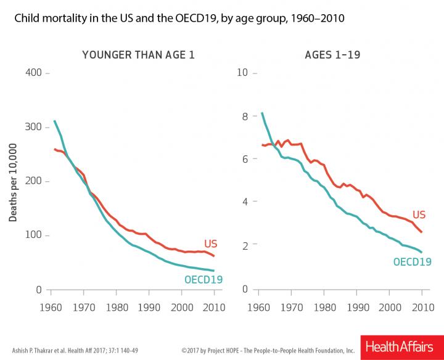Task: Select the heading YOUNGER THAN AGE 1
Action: coord(138,55)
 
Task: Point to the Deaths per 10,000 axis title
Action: coord(12,181)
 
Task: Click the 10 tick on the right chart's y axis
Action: coord(243,73)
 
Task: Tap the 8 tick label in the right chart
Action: coord(245,116)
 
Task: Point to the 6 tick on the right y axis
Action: coord(245,159)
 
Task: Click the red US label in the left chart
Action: coord(211,244)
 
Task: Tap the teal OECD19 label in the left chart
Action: coord(203,279)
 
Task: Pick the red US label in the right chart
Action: coord(419,215)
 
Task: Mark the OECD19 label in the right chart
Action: coord(412,261)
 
